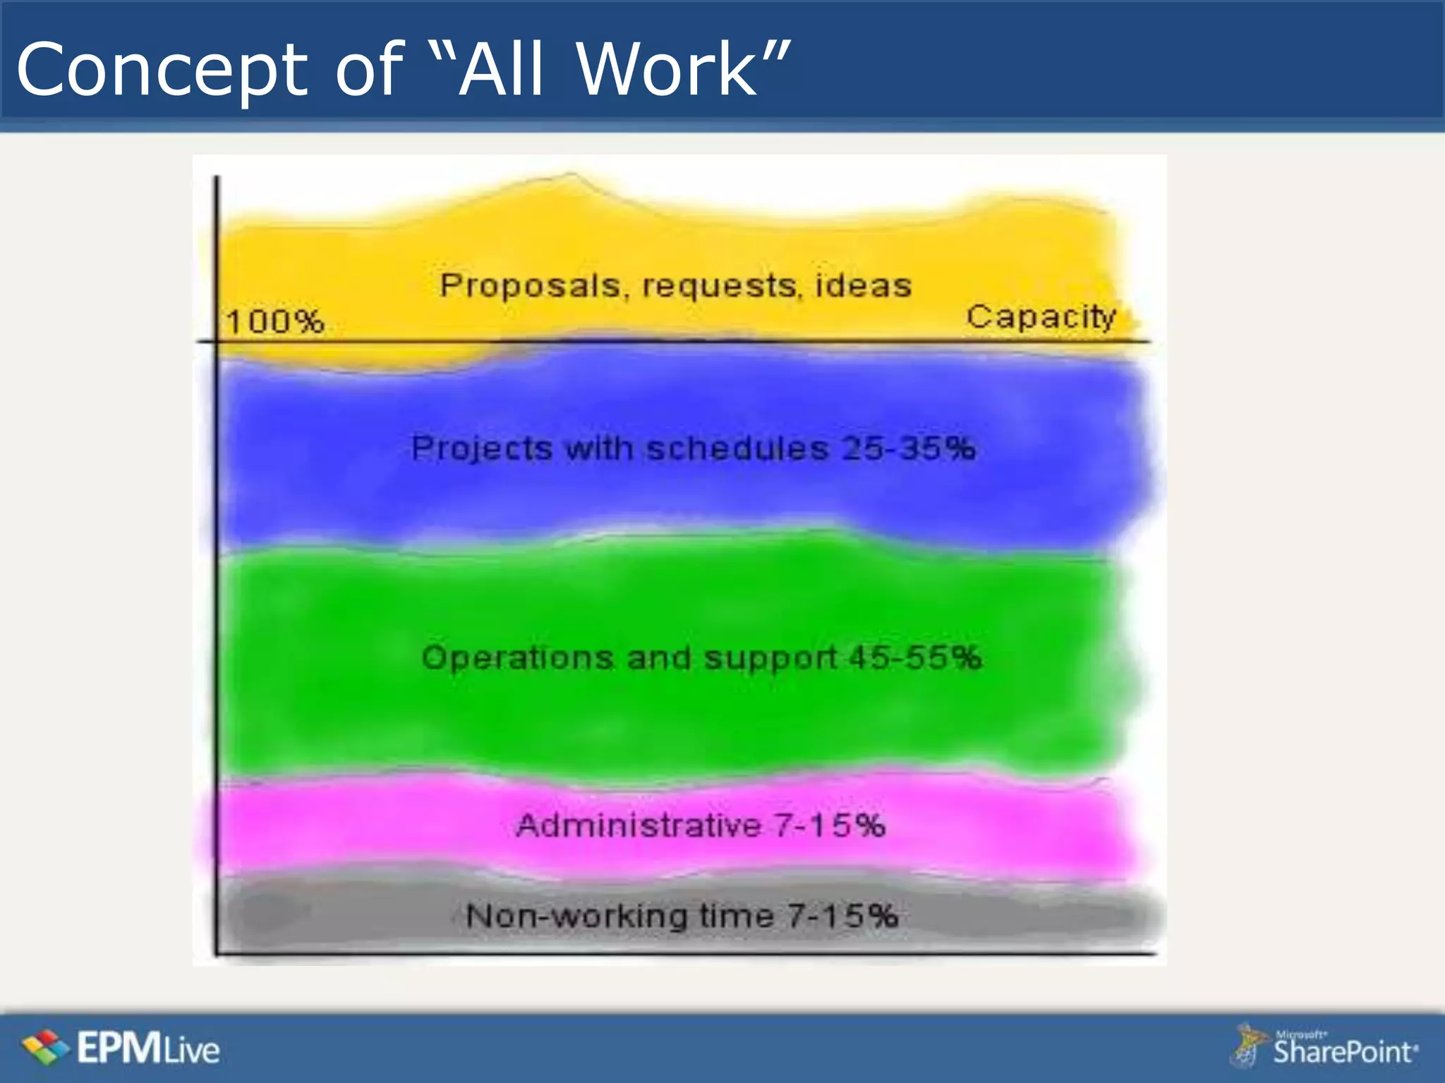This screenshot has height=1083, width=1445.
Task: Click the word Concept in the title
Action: (x=162, y=71)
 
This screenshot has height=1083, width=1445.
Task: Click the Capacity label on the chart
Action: (x=1041, y=317)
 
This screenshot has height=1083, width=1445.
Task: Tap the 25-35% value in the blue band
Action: (x=909, y=448)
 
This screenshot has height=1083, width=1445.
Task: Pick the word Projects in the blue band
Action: (x=482, y=449)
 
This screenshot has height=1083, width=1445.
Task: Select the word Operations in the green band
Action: (x=518, y=658)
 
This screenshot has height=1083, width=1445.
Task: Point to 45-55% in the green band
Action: (x=914, y=658)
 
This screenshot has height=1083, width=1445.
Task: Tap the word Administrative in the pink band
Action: (x=639, y=825)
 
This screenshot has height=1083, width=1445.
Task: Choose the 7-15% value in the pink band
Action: (x=829, y=825)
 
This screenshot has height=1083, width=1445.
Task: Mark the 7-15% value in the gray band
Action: (x=842, y=916)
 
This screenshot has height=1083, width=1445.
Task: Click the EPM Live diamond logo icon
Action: (x=45, y=1047)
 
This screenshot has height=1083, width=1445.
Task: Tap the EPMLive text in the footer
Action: (x=149, y=1048)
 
